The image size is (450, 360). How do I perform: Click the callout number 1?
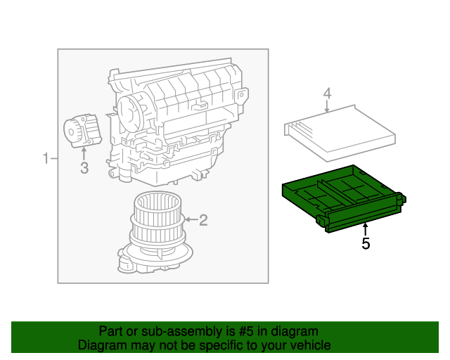(46, 158)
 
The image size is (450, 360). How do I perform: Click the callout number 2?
(203, 221)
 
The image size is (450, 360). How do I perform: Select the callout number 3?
(84, 167)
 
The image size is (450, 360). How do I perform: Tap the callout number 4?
(327, 93)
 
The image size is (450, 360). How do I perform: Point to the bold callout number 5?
(365, 244)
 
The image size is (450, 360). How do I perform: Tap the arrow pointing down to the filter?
(327, 107)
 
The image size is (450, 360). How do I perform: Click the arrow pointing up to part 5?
(365, 229)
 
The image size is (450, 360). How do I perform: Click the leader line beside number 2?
(192, 221)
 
